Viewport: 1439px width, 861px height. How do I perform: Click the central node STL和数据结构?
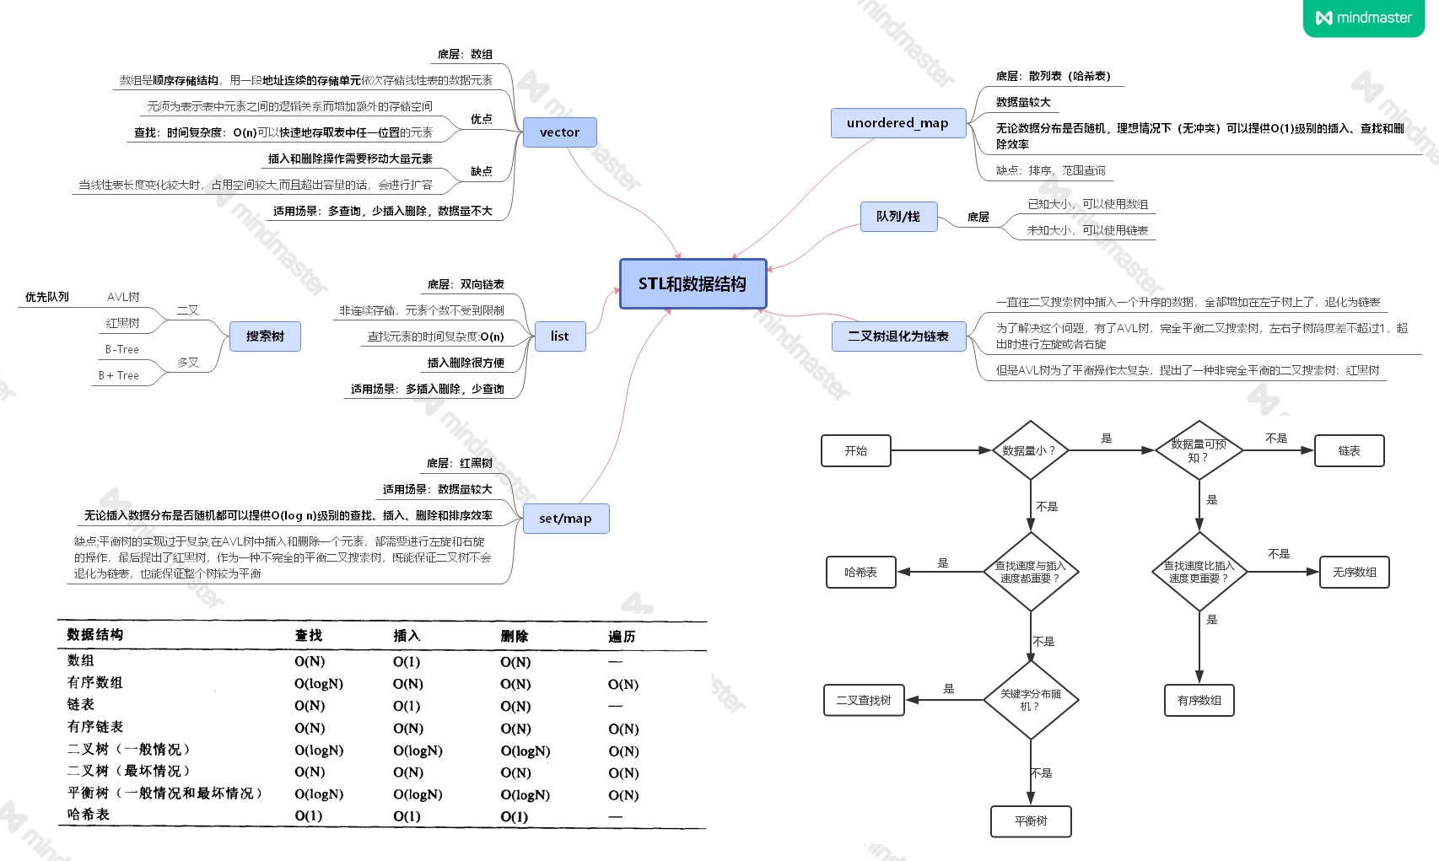point(693,284)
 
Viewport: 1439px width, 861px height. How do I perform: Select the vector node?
point(559,132)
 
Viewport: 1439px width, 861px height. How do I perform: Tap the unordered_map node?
point(897,123)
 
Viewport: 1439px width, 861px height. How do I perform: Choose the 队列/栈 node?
point(898,217)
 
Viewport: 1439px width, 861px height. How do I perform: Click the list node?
point(560,336)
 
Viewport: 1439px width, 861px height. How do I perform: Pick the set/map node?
point(565,519)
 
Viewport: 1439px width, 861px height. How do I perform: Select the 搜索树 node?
point(265,336)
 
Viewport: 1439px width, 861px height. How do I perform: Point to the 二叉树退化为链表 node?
point(898,336)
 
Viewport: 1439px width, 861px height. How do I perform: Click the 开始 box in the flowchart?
point(856,450)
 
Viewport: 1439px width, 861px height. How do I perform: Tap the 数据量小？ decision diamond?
point(1030,450)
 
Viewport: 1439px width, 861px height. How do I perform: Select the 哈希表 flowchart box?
point(860,572)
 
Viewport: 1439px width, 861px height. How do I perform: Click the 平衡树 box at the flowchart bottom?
point(1031,821)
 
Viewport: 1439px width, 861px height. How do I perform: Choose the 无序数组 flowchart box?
point(1354,572)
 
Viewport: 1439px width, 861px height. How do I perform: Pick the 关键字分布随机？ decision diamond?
point(1030,700)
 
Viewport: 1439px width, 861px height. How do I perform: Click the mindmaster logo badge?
point(1364,18)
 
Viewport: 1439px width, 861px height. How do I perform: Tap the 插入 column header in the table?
point(407,636)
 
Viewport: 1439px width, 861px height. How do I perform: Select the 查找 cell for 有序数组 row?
point(319,684)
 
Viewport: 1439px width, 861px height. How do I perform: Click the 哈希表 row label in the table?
point(89,815)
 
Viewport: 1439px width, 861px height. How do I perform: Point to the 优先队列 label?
point(47,297)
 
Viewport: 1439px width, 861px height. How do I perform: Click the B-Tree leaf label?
point(122,349)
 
